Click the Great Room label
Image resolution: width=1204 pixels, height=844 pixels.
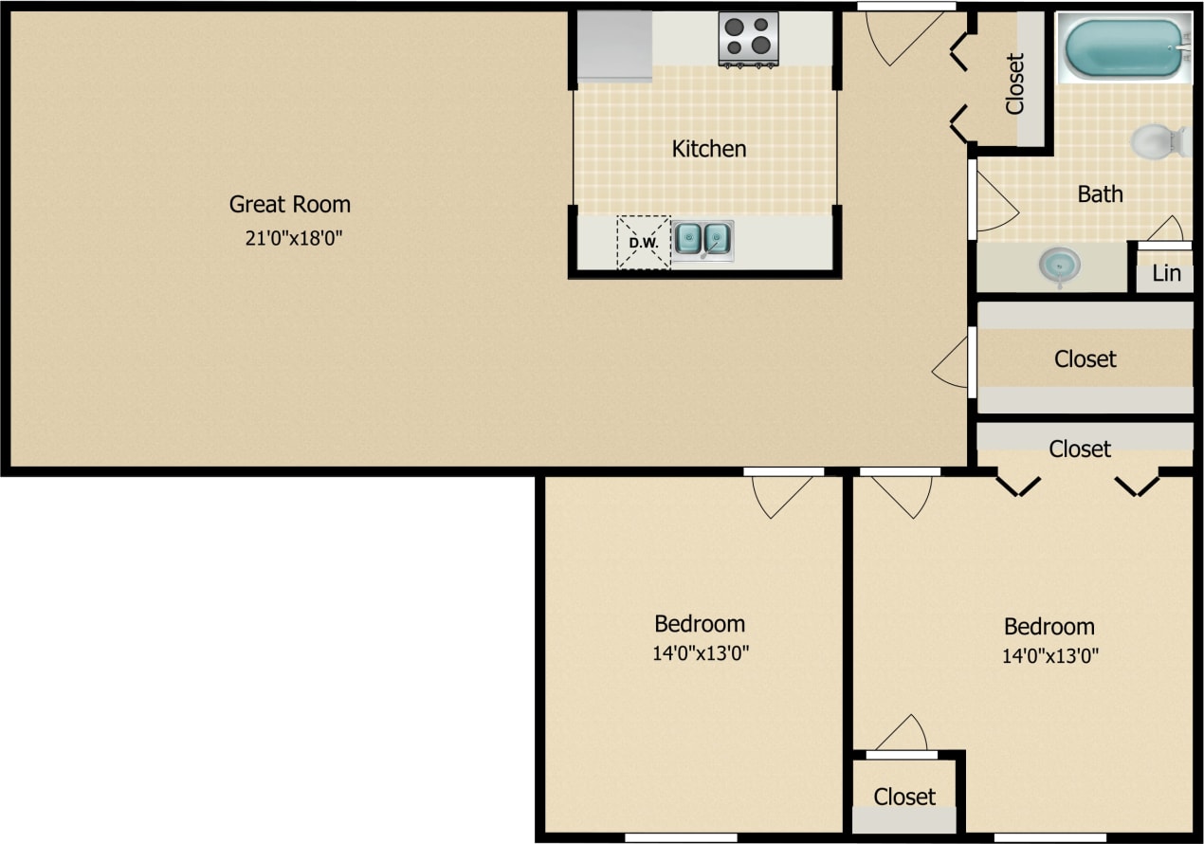(290, 204)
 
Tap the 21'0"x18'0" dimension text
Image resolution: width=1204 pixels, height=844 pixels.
(293, 238)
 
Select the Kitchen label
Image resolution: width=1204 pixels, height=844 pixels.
(709, 149)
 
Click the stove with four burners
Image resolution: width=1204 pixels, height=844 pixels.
(748, 38)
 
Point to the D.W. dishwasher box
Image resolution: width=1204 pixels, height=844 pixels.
(644, 243)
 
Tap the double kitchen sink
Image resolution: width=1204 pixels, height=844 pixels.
(702, 239)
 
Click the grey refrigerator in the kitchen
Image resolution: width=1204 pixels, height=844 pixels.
(615, 46)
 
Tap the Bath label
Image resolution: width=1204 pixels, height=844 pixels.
(1101, 194)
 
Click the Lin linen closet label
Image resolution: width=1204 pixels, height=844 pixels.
(1167, 274)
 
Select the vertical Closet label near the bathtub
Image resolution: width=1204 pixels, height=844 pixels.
(1015, 83)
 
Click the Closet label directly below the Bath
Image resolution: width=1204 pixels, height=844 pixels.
(1085, 359)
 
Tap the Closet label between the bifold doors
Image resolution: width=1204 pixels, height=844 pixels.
(1080, 449)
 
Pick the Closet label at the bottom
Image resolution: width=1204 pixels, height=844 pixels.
(904, 798)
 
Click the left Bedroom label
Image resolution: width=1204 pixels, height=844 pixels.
(700, 624)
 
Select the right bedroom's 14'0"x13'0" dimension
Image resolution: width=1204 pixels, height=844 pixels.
(1049, 655)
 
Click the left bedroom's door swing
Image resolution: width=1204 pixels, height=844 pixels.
(783, 495)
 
